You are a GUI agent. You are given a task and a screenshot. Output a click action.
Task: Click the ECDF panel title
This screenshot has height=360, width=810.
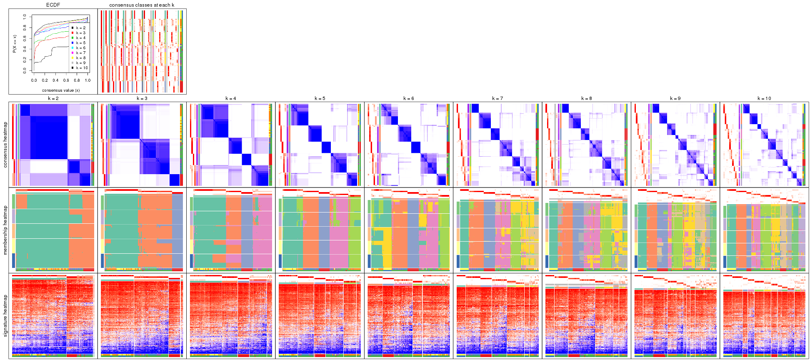[53, 5]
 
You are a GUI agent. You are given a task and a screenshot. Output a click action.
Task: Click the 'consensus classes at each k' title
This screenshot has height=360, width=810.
[142, 5]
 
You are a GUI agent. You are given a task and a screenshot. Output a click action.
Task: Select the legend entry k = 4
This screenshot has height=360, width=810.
[80, 38]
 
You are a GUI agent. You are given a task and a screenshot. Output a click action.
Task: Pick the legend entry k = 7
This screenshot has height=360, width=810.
[80, 53]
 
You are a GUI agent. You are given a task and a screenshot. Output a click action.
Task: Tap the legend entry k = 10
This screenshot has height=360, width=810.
[81, 68]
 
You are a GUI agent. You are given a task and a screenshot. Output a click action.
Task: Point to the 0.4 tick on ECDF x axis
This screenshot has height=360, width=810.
[55, 80]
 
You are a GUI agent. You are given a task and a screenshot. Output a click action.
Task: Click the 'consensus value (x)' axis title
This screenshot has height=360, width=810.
[61, 90]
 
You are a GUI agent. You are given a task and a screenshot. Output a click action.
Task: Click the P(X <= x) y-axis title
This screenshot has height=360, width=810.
[15, 43]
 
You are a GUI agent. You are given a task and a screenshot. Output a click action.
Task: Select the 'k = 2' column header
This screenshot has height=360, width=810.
[53, 99]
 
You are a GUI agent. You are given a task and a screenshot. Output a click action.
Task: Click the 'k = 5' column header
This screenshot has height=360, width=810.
[320, 99]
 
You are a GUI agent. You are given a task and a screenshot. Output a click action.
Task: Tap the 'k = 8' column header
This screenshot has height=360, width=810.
[586, 99]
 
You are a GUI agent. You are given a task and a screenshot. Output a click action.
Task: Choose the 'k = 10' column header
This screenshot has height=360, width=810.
[764, 99]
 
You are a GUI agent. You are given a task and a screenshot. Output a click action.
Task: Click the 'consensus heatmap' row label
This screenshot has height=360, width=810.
[5, 145]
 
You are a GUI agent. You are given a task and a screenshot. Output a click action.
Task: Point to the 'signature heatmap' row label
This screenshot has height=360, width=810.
[5, 315]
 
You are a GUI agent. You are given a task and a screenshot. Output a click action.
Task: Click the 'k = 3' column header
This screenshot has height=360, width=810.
[142, 99]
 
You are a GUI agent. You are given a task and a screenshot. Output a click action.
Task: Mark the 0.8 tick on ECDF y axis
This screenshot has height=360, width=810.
[25, 27]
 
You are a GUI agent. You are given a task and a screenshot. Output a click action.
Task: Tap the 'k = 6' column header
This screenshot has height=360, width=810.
[408, 99]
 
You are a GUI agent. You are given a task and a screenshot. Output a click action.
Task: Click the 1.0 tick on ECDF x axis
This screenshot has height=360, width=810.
[87, 80]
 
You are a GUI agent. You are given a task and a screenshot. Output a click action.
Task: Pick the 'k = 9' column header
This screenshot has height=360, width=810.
[675, 99]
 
